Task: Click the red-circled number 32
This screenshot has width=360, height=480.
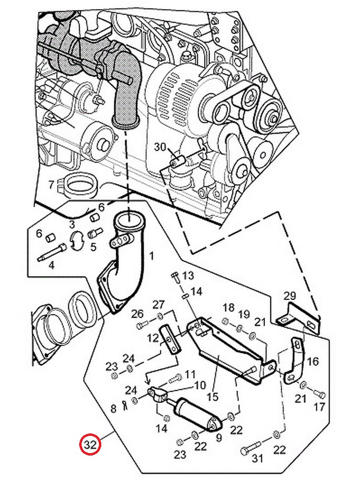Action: tap(90, 444)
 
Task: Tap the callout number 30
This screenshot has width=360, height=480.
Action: tap(160, 147)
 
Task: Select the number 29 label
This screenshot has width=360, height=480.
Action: tap(289, 296)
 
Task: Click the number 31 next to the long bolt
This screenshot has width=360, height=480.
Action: tap(257, 458)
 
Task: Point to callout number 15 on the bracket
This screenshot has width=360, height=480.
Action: tap(213, 397)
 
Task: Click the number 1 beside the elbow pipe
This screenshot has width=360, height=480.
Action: tap(152, 255)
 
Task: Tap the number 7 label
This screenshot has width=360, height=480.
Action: tap(51, 185)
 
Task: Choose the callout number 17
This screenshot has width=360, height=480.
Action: tap(319, 407)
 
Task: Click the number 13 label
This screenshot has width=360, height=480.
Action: tap(188, 275)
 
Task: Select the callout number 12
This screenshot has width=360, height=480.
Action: tap(153, 338)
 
